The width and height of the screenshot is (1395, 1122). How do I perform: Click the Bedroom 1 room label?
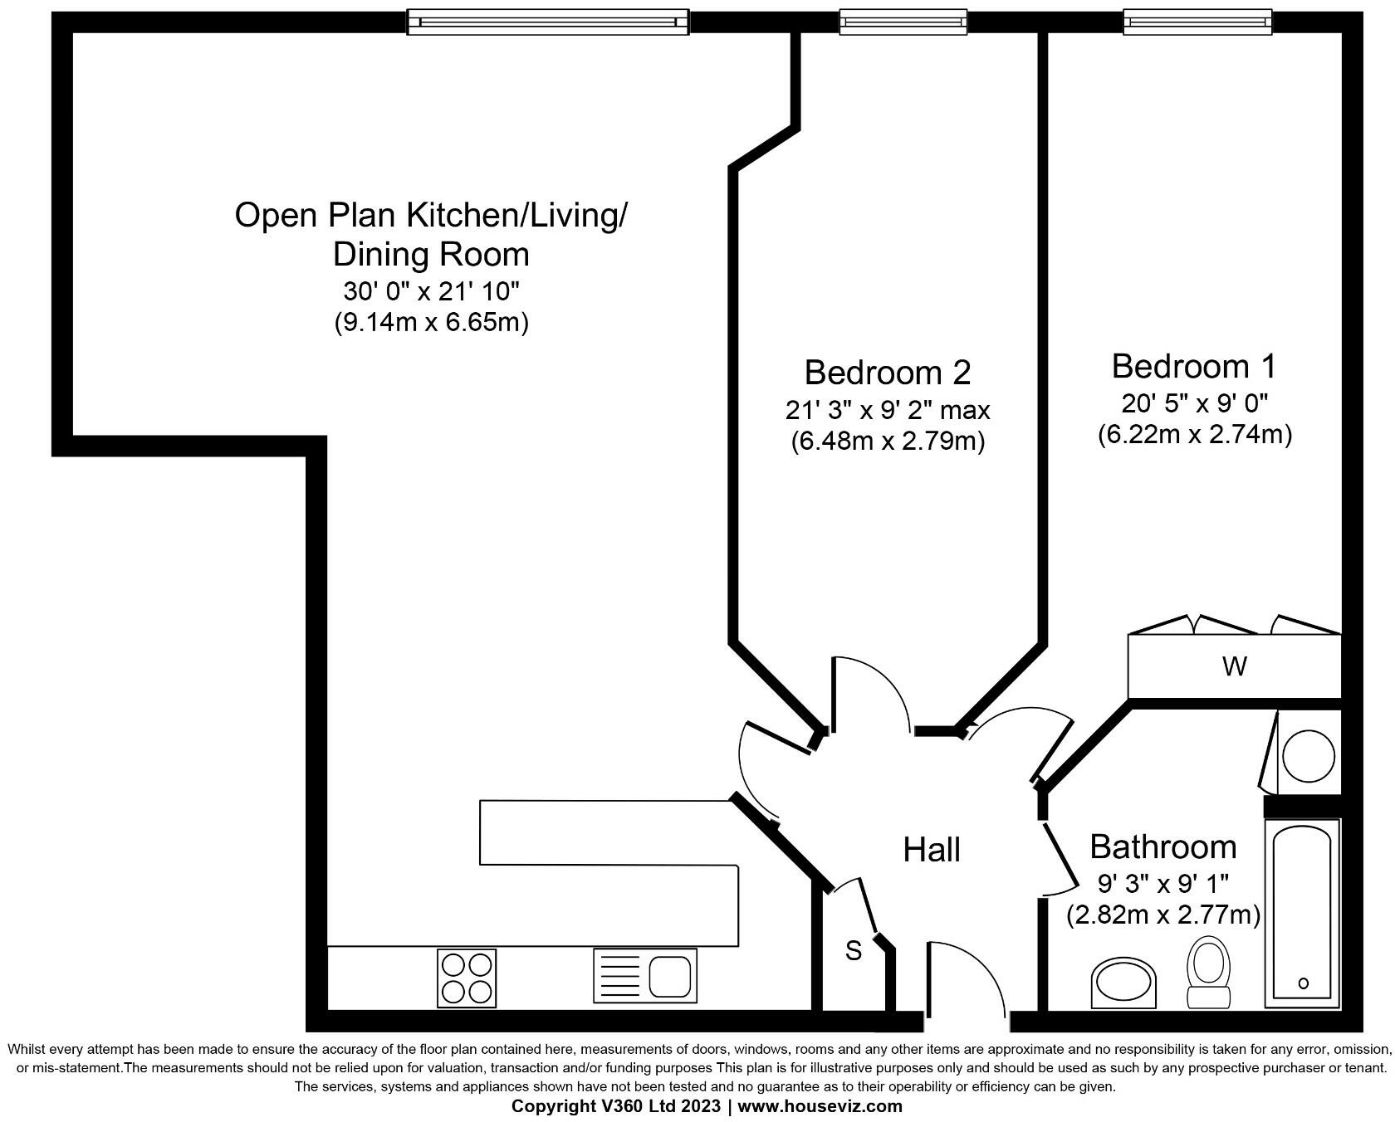[x=1193, y=366]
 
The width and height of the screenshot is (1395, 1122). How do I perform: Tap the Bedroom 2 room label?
[x=887, y=372]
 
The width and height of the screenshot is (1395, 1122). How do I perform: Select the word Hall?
[x=932, y=850]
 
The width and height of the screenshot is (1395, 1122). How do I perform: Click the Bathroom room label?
[x=1162, y=846]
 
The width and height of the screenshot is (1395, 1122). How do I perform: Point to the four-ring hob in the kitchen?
[x=467, y=976]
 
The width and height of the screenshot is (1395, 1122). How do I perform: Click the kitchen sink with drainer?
[x=644, y=976]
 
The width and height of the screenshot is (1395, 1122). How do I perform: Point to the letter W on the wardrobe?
[x=1235, y=666]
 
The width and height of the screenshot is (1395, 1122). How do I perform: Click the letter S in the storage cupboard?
[x=854, y=951]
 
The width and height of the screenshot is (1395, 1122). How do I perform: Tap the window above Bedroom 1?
[x=1197, y=22]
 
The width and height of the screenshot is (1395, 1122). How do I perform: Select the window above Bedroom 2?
[x=903, y=22]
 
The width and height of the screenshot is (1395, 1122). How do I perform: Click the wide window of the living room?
[x=547, y=22]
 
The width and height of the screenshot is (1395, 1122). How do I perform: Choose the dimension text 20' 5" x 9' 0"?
[x=1194, y=403]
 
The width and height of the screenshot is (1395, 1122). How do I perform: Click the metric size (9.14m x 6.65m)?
[x=431, y=321]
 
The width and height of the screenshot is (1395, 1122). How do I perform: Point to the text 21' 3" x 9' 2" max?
[x=887, y=409]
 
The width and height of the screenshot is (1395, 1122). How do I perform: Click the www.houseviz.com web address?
[x=820, y=1106]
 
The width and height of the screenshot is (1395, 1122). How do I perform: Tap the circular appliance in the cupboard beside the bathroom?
[x=1309, y=756]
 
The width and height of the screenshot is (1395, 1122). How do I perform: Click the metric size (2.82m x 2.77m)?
[x=1162, y=915]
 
